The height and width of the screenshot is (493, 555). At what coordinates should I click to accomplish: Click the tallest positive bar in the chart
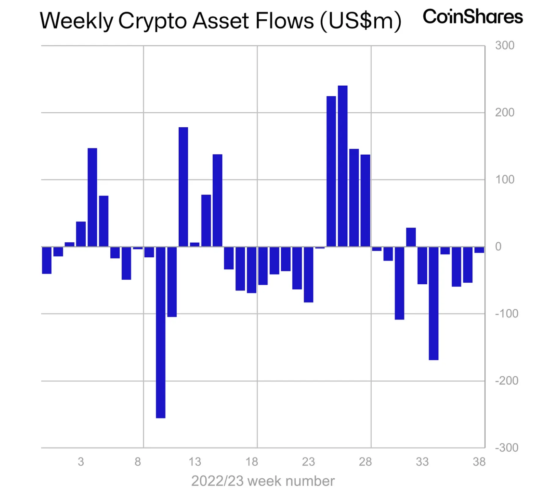pos(342,166)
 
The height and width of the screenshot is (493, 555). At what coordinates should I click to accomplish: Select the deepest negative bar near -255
pos(161,332)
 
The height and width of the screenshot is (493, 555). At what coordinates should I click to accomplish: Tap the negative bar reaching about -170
pos(433,303)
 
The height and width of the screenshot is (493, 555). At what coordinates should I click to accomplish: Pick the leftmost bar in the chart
pos(47,260)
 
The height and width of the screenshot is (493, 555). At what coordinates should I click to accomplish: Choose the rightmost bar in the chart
pos(479,250)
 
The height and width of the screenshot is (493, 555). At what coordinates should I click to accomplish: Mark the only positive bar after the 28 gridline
pos(411,237)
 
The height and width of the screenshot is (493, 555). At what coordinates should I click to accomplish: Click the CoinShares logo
pos(472,17)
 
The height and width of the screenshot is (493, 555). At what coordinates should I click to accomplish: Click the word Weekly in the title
pos(76,21)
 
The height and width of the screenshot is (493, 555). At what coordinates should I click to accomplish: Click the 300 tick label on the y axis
pos(505,46)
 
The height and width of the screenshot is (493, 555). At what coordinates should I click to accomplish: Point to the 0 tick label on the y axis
pos(498,246)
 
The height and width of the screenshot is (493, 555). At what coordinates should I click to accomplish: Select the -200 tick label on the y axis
pos(507,381)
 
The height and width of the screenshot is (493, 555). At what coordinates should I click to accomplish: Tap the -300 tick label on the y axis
pos(507,448)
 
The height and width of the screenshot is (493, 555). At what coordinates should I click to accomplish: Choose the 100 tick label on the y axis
pos(505,179)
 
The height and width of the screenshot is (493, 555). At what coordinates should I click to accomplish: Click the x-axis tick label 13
pos(195,461)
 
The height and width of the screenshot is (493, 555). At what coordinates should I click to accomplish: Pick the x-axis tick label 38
pos(479,461)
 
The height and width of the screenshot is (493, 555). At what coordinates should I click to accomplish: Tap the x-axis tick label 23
pos(308,461)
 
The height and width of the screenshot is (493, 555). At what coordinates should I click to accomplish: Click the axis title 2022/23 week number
pos(263,481)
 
